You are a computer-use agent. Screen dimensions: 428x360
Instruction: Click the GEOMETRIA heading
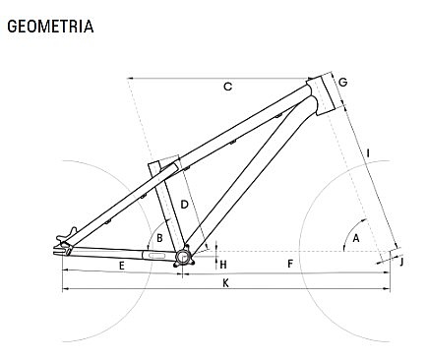pyautogui.click(x=50, y=27)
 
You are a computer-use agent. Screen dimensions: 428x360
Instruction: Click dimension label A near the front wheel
pyautogui.click(x=356, y=238)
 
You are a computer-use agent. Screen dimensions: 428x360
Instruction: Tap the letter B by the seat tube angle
pyautogui.click(x=159, y=238)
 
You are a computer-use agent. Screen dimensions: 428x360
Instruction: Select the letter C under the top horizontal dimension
pyautogui.click(x=228, y=87)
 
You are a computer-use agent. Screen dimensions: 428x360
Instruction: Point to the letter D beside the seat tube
pyautogui.click(x=185, y=205)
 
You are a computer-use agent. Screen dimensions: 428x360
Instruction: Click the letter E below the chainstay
pyautogui.click(x=122, y=266)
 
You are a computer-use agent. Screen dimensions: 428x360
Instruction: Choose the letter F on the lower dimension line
pyautogui.click(x=290, y=264)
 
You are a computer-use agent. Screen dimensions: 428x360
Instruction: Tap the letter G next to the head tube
pyautogui.click(x=342, y=82)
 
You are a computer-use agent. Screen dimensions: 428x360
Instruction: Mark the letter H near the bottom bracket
pyautogui.click(x=223, y=265)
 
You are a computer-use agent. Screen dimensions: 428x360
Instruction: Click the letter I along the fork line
pyautogui.click(x=369, y=153)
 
